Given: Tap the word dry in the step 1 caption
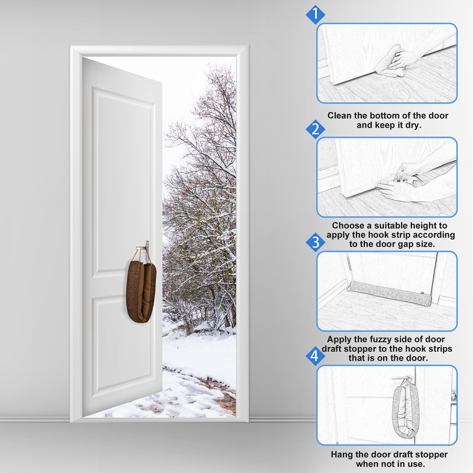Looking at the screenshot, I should tap(410, 125).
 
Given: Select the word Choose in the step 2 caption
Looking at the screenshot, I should tap(349, 225).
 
